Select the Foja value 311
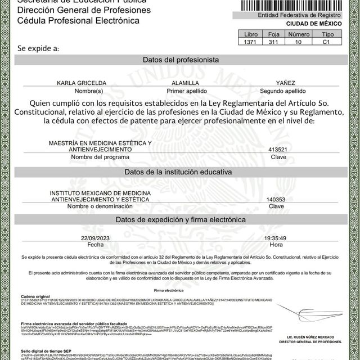point(273,42)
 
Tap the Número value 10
point(299,42)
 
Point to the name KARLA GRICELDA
point(90,83)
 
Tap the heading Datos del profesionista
point(180,60)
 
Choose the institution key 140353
point(276,199)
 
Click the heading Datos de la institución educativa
point(180,172)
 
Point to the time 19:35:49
point(276,238)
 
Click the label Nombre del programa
point(92,157)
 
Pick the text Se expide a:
point(38,48)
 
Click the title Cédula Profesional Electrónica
point(70,20)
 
